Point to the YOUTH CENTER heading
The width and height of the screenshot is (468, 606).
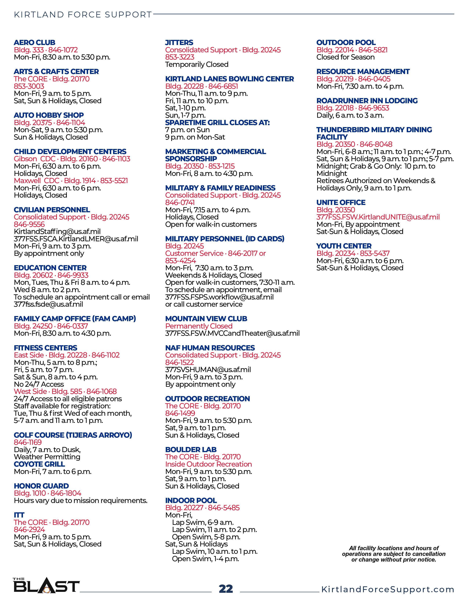point(344,246)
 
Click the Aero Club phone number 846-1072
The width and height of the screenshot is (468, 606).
point(63,50)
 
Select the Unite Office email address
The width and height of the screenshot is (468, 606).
point(378,217)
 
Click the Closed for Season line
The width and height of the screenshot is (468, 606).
point(345,57)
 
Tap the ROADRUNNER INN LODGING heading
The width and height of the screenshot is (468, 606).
point(367,100)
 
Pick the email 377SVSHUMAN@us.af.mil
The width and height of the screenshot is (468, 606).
point(208,370)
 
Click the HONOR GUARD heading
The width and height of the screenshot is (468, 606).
point(41,486)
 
